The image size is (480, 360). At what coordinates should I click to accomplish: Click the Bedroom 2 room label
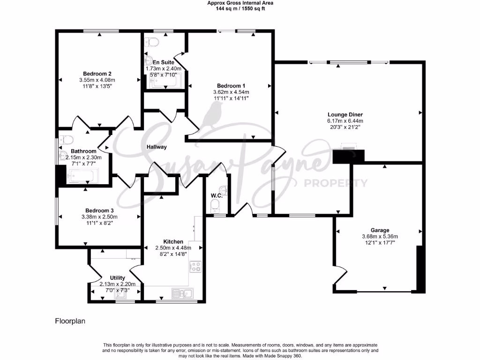click(97, 74)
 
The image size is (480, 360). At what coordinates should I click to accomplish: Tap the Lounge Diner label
click(345, 114)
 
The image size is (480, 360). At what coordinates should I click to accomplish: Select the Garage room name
click(380, 230)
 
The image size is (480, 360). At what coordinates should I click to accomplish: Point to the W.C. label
click(216, 195)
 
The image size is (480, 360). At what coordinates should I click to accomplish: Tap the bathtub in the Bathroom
click(83, 177)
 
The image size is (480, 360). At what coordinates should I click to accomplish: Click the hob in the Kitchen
click(195, 267)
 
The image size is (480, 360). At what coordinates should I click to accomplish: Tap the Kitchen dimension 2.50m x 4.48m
click(172, 248)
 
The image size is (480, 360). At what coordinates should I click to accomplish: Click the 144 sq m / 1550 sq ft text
click(240, 8)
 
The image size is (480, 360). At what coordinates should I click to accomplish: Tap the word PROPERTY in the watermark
click(336, 183)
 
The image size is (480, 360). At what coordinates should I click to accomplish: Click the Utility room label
click(117, 278)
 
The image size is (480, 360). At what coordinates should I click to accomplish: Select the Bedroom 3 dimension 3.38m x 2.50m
click(99, 217)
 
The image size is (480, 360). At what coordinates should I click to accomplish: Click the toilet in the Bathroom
click(66, 140)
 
